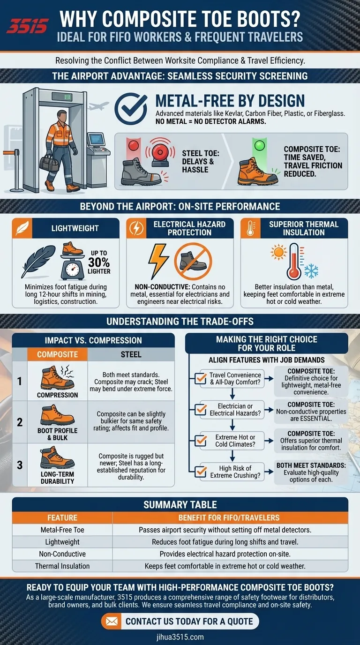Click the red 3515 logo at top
[27, 26]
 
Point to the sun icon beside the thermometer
[278, 252]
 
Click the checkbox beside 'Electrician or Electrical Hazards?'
[201, 409]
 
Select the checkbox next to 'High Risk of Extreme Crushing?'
[201, 472]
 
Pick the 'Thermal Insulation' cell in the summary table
[62, 566]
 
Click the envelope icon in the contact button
[112, 622]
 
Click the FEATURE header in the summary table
[62, 517]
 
